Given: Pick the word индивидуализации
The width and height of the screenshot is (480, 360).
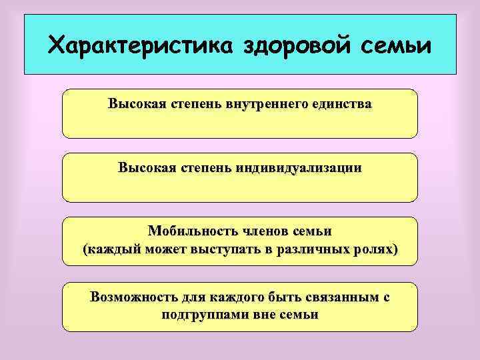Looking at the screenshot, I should pos(298,168).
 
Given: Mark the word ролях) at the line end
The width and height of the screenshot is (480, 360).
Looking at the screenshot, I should pos(376,250).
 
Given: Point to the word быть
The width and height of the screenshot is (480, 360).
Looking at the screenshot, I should pos(264,297).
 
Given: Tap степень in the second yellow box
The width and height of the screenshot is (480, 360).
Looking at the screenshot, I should pos(202,168).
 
